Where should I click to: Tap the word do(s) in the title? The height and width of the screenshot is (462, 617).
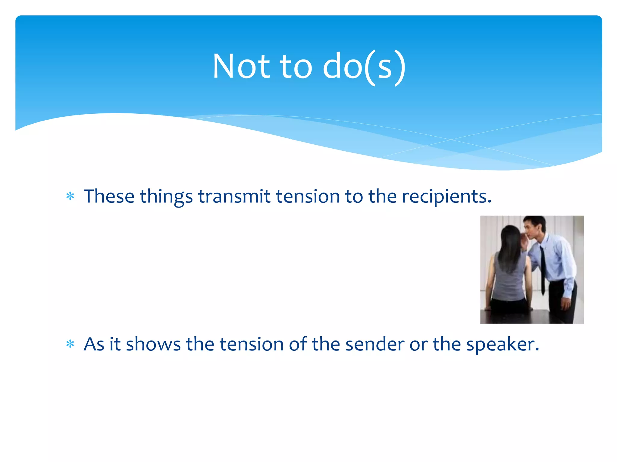coord(364,67)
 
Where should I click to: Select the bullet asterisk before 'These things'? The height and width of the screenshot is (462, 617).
coord(70,196)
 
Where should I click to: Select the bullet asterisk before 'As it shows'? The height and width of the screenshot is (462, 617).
coord(70,344)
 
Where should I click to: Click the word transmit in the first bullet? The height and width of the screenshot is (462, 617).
coord(234,196)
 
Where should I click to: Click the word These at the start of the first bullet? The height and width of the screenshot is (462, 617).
coord(109,196)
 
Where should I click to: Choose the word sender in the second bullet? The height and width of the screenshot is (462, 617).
coord(374,344)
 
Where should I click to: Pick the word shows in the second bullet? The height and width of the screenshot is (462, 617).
coord(153,344)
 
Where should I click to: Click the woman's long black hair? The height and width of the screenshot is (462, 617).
coord(509,247)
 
